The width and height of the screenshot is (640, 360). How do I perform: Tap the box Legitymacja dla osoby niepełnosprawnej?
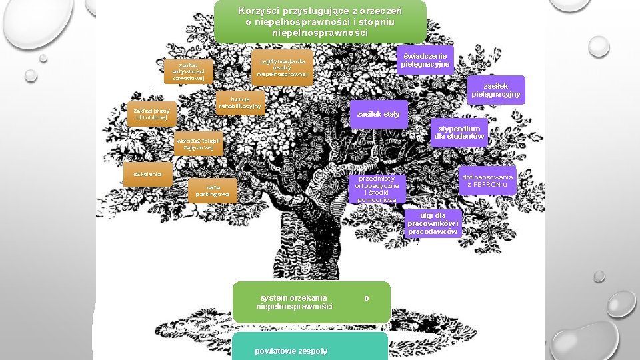click(282, 67)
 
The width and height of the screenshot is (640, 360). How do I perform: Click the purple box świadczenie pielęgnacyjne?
click(425, 60)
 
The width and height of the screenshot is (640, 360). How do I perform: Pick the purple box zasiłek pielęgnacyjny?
click(496, 90)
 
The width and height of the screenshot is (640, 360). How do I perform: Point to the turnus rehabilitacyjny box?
click(241, 102)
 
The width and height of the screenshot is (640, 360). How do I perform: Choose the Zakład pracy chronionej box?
click(151, 113)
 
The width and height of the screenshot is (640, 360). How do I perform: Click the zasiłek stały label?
click(378, 114)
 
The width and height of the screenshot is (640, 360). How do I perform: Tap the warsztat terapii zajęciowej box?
click(198, 143)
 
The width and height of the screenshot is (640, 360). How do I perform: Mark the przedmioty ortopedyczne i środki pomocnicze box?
click(377, 189)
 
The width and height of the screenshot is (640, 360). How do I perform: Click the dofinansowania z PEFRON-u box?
click(487, 180)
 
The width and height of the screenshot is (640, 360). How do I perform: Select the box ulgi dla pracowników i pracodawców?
click(433, 224)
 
